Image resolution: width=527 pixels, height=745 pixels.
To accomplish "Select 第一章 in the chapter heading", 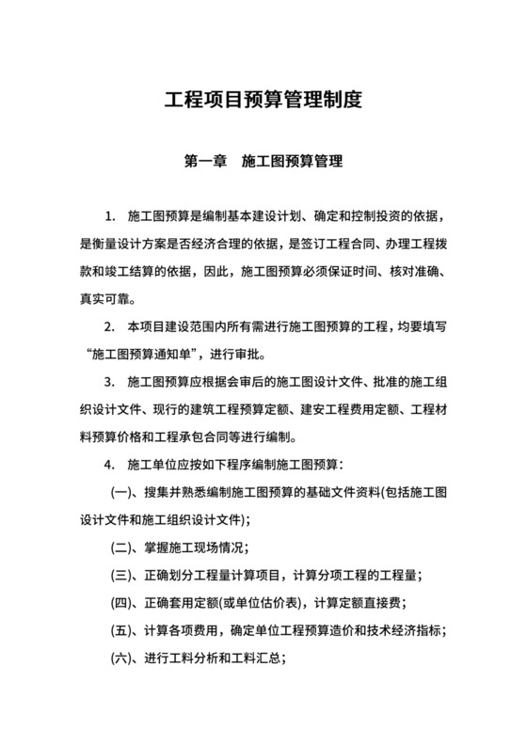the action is pos(205,161).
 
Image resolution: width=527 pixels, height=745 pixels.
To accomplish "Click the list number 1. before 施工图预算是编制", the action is pos(110,219).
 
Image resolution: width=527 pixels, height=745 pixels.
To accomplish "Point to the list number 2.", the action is pos(110,328).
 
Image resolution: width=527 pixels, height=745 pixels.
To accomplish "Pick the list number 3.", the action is pos(110,383).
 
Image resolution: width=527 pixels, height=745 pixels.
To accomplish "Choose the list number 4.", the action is pos(110,465).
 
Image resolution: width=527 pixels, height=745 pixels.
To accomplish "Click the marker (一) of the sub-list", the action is pos(124,492).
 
